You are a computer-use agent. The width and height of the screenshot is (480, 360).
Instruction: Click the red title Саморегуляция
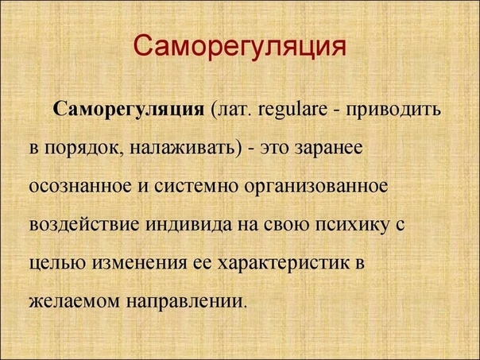(240, 48)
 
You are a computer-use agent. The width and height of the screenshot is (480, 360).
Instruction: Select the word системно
(196, 187)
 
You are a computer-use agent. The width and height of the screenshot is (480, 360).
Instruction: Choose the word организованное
(316, 188)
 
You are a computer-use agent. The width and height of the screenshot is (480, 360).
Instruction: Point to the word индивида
(188, 225)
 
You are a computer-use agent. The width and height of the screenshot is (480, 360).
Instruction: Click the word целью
(57, 264)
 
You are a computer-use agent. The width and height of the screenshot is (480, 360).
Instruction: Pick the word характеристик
(284, 264)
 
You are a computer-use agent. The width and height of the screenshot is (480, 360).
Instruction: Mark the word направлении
(186, 302)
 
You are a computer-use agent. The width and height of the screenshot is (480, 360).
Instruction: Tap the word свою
(286, 225)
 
